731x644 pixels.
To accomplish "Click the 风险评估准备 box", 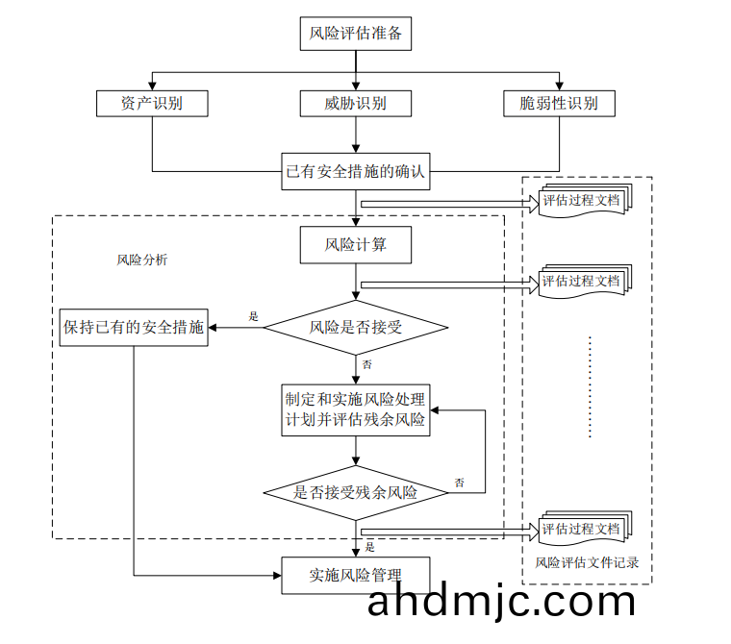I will click(356, 35).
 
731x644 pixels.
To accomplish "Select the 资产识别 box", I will click(152, 103).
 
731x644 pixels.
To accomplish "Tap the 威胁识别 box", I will click(356, 103).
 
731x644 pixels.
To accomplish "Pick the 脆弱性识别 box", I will click(559, 103).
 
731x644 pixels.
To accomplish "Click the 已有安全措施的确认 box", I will click(356, 174).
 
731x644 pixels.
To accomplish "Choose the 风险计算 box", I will click(356, 244).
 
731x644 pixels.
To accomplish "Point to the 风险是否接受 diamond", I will click(356, 328).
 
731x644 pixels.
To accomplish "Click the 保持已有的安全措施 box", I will click(133, 327).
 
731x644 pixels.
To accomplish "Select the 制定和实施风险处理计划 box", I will click(356, 409).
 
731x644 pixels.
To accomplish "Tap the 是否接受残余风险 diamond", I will click(356, 493).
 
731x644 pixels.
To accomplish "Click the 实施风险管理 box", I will click(356, 576).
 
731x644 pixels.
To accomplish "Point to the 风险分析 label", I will click(141, 260).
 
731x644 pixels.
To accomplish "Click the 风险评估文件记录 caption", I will click(587, 562).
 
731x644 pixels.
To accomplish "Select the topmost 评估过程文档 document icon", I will click(583, 202).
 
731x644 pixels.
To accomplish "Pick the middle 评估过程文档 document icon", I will click(583, 283).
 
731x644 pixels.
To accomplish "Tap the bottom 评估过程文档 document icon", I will click(583, 530).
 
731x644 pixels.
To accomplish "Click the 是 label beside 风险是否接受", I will click(254, 316).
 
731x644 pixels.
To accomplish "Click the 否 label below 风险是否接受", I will click(366, 365).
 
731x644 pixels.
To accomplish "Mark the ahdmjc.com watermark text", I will click(501, 602).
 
